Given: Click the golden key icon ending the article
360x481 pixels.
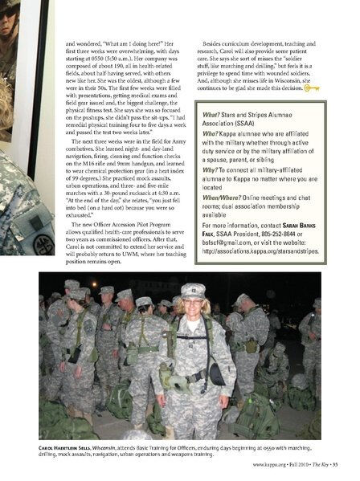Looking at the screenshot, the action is [x=312, y=88].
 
